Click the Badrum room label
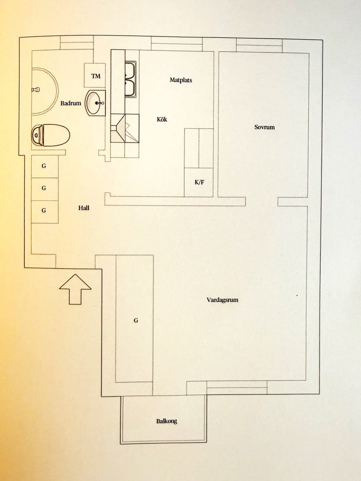point(71,103)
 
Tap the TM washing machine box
point(95,75)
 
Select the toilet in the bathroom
point(51,135)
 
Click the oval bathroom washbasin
point(95,103)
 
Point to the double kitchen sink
point(131,79)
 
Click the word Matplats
point(181,80)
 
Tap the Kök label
point(162,119)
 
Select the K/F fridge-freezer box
point(199,182)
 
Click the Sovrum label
point(264,127)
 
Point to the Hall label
point(84,208)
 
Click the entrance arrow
point(75,289)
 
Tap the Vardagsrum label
point(223,300)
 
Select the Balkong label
point(167,421)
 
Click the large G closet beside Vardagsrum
point(134,319)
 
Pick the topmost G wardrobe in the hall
point(45,167)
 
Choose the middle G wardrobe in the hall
point(45,189)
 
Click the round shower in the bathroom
point(45,91)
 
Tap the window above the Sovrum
point(259,46)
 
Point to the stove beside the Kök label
point(125,128)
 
